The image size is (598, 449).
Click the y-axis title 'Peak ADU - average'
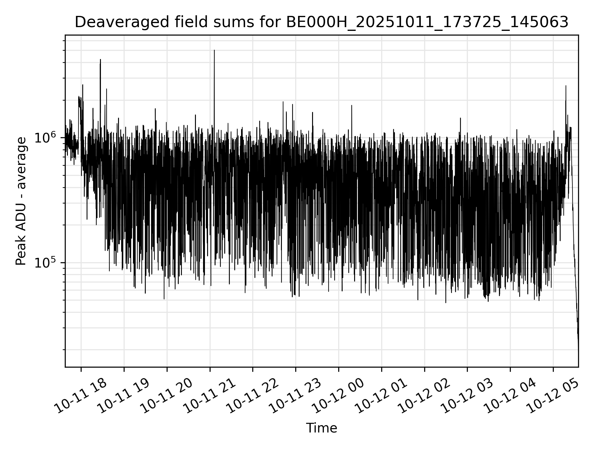point(21,201)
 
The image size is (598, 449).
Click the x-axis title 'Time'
point(321,428)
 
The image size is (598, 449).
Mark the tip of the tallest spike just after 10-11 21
point(214,50)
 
